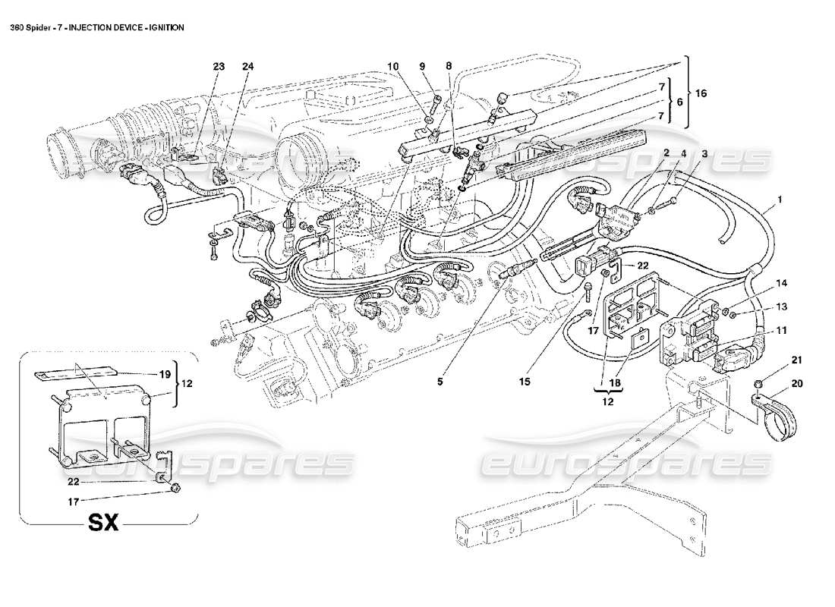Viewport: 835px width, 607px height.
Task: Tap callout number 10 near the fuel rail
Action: click(x=393, y=67)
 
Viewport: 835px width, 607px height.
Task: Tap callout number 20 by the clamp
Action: click(x=796, y=385)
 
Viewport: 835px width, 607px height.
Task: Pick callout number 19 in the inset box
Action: click(x=164, y=373)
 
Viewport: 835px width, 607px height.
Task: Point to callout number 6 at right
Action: click(x=681, y=102)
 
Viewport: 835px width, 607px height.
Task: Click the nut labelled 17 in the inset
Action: click(x=175, y=488)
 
